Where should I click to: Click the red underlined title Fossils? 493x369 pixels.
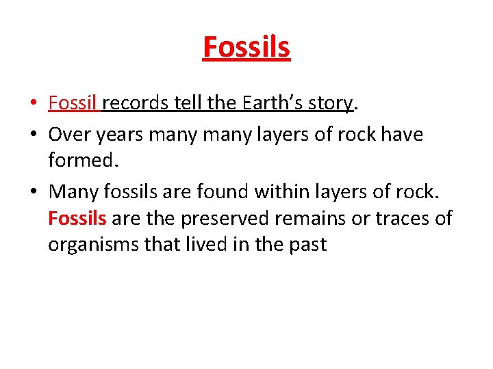coord(246,47)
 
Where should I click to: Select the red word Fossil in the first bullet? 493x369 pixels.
coord(74,103)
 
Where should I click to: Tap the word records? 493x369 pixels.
coord(136,103)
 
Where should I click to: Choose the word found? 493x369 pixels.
coord(222,192)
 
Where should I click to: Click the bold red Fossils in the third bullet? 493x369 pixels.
coord(77,218)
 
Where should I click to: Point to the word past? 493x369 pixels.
coord(309,245)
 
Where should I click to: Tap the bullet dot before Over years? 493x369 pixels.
coord(34,135)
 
